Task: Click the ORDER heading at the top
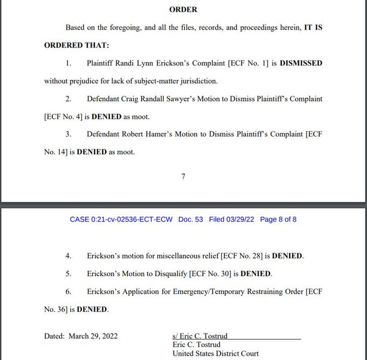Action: tap(183, 10)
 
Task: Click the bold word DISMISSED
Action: tap(301, 63)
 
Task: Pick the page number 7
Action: tap(183, 176)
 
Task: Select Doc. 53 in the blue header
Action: tap(191, 220)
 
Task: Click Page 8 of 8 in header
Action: tap(278, 220)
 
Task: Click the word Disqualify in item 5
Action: tap(169, 274)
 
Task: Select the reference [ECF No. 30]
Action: tap(212, 274)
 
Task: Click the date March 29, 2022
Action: tap(93, 336)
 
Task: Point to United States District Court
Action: tap(215, 354)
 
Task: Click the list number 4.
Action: tap(69, 256)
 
